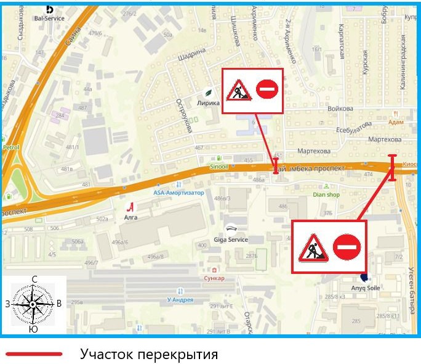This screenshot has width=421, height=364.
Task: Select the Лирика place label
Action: point(208,103)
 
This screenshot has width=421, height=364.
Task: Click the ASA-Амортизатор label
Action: point(178,192)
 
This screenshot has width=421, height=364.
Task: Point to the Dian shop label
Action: point(326,195)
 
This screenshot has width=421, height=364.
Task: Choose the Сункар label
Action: point(214,278)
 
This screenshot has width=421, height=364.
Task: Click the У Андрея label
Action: point(180,300)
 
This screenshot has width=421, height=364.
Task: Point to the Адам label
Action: point(396,122)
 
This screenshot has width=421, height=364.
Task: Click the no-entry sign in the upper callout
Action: point(267,90)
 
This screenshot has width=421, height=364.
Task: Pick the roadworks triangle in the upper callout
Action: point(238,91)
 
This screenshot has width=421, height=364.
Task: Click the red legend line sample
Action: point(34,354)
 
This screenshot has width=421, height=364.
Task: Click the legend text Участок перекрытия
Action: point(149,354)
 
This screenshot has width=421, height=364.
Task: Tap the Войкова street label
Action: point(340,109)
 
